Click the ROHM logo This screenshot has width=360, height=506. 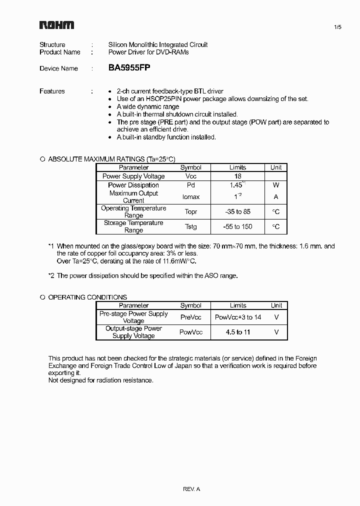click(56, 25)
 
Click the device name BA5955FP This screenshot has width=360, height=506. click(129, 68)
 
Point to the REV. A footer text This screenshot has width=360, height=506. click(191, 489)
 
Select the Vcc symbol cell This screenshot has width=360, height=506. click(190, 176)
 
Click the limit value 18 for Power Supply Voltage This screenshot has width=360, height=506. click(238, 176)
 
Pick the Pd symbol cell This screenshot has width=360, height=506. click(190, 185)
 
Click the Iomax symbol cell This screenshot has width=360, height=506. click(190, 197)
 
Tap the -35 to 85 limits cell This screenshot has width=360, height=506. click(238, 212)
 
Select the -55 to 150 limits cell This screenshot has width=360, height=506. click(238, 226)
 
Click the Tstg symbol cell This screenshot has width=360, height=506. click(190, 226)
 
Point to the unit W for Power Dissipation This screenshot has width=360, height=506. click(276, 185)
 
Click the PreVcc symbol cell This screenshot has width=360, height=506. click(190, 317)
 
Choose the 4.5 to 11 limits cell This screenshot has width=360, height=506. click(238, 332)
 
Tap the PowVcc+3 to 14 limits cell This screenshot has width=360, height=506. click(238, 317)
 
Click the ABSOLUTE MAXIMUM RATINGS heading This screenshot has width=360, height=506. click(111, 159)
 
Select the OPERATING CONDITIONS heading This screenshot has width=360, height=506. click(87, 297)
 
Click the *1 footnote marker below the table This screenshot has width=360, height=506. click(51, 246)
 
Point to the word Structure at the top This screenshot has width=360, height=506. click(52, 44)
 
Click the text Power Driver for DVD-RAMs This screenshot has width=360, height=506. click(148, 52)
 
